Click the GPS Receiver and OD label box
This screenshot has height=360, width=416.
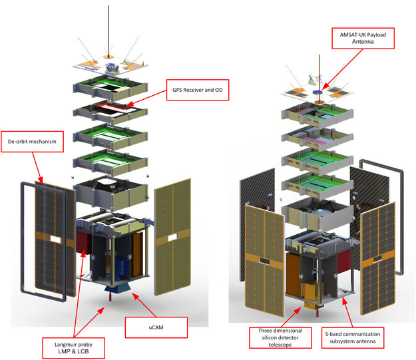pos(198,90)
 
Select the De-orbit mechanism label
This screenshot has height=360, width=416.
pos(33,142)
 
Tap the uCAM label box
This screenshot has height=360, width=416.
pos(156,327)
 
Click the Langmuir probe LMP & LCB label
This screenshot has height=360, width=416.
pos(73,348)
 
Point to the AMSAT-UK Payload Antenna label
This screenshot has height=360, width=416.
pos(363,38)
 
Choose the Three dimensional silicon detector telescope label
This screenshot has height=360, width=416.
pos(280,338)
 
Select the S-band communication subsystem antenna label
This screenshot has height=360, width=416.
pos(353,338)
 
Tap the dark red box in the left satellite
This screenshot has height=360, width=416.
pos(83,242)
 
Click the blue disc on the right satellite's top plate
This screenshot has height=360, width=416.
pos(317,92)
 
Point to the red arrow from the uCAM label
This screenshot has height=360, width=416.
pos(144,305)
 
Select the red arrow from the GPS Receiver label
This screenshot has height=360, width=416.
pos(146,98)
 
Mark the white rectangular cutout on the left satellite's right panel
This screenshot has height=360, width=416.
pos(172,238)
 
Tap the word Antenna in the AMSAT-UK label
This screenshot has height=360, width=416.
pos(363,42)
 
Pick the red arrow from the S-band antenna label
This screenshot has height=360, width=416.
pos(347,312)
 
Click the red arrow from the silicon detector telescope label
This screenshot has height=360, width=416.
pos(292,317)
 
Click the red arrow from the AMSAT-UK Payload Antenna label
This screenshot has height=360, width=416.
pos(343,69)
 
